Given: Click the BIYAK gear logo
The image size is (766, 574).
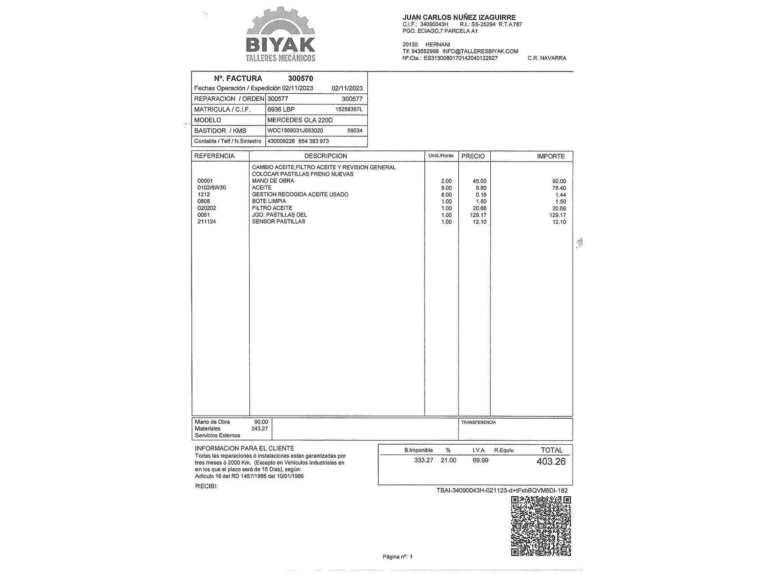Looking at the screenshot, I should pos(280,34).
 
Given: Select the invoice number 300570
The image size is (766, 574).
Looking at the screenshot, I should pos(300,78).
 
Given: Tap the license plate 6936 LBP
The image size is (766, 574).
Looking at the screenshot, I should pos(281,109).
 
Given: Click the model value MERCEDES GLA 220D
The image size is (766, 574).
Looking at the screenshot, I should pos(300,120).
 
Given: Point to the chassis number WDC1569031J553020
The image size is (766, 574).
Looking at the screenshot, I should pos(295,130).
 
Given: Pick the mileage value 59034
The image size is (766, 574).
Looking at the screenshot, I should pos(355,131).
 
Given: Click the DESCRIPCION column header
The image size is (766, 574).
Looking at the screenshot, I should pos(326,156).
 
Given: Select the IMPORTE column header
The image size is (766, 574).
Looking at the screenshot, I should pos(551,156).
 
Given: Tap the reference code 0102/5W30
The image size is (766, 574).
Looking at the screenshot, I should pos(211,188).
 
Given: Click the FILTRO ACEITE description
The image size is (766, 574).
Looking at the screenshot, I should pos(272,208).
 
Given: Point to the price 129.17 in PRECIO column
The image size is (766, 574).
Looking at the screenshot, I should pos(478,215).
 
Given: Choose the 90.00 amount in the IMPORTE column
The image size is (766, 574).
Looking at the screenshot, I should pos(559,181).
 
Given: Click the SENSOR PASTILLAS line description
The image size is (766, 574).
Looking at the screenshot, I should pos(278,222).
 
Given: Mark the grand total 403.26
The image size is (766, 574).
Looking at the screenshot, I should pos(551,461).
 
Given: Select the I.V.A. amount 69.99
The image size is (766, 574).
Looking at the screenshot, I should pos(480,460).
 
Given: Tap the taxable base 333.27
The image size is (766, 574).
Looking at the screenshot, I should pos(424,460).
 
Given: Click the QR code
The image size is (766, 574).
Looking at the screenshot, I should pos(541,526).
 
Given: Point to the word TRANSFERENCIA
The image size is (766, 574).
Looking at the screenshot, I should pos(478,422).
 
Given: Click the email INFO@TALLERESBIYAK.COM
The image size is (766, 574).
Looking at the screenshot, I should pos(480,51).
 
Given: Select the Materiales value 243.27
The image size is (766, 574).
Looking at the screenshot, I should pos(259,429).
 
